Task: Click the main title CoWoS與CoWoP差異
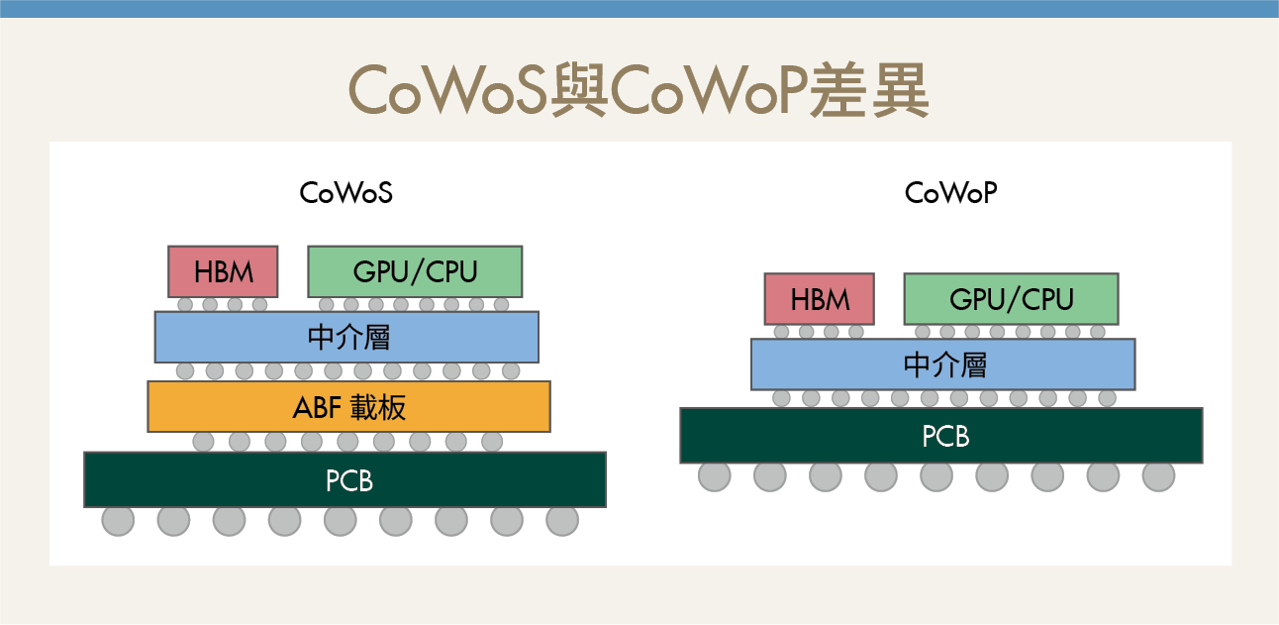tap(639, 92)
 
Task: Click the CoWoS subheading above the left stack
tap(346, 193)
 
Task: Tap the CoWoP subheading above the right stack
tap(950, 193)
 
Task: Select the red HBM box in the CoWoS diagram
tap(223, 271)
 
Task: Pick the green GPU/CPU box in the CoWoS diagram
tap(415, 271)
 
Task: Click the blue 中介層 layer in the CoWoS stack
tap(346, 337)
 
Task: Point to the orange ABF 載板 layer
tap(348, 406)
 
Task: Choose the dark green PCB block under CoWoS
tap(344, 479)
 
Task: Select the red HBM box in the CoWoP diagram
tap(819, 299)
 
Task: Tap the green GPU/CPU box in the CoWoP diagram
tap(1011, 299)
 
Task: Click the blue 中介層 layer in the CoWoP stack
tap(942, 365)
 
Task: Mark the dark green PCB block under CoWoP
tap(940, 435)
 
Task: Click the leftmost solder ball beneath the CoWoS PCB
tap(118, 520)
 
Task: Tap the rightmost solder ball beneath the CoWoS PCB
tap(561, 520)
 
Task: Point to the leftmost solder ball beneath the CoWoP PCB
tap(714, 475)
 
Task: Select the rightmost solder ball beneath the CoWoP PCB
tap(1158, 475)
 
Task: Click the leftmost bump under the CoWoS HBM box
tap(185, 304)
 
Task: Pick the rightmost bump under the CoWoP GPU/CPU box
tap(1098, 332)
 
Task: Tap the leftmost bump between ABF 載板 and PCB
tap(203, 441)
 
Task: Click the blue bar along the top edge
tap(639, 9)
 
